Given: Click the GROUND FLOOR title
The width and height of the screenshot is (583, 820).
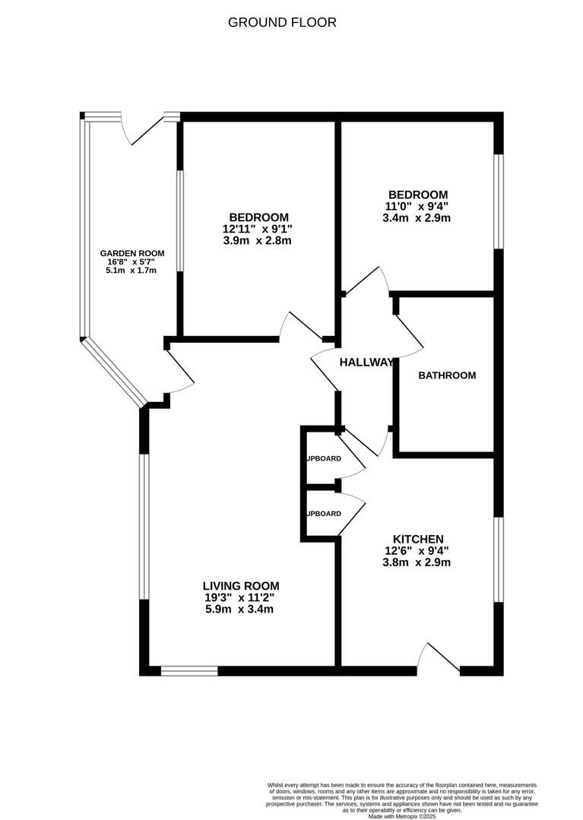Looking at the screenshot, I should pyautogui.click(x=282, y=23).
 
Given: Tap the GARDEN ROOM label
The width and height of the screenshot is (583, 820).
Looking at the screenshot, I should pyautogui.click(x=131, y=254).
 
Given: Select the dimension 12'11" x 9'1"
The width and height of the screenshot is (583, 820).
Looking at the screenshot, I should pyautogui.click(x=257, y=229).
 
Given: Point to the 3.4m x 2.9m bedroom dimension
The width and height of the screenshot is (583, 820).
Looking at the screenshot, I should pyautogui.click(x=417, y=218).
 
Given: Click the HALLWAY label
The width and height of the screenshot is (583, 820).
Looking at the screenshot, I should pyautogui.click(x=366, y=363).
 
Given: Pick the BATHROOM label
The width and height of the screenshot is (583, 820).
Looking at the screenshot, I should pyautogui.click(x=447, y=375).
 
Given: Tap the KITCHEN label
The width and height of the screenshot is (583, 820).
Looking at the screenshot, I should pyautogui.click(x=417, y=539).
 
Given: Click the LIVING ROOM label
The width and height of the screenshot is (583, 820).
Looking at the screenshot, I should pyautogui.click(x=241, y=586).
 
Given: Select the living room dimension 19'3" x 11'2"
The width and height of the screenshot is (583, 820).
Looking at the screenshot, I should pyautogui.click(x=239, y=597).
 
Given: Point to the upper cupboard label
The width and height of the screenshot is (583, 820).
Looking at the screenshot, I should pyautogui.click(x=323, y=459).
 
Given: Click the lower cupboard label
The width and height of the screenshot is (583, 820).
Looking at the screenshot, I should pyautogui.click(x=323, y=514).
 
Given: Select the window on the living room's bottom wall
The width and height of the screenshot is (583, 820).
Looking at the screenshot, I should pyautogui.click(x=189, y=671).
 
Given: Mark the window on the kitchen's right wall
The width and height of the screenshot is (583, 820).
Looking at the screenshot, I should pyautogui.click(x=498, y=560).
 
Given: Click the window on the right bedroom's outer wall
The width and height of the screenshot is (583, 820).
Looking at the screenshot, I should pyautogui.click(x=498, y=201).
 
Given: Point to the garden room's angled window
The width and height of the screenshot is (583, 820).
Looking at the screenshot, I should pyautogui.click(x=113, y=372).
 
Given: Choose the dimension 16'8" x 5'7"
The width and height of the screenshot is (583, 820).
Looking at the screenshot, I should pyautogui.click(x=131, y=262).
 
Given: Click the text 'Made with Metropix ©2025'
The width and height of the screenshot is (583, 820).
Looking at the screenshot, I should pyautogui.click(x=402, y=816).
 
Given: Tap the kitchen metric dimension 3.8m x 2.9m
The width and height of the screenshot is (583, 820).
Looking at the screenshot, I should pyautogui.click(x=417, y=563).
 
